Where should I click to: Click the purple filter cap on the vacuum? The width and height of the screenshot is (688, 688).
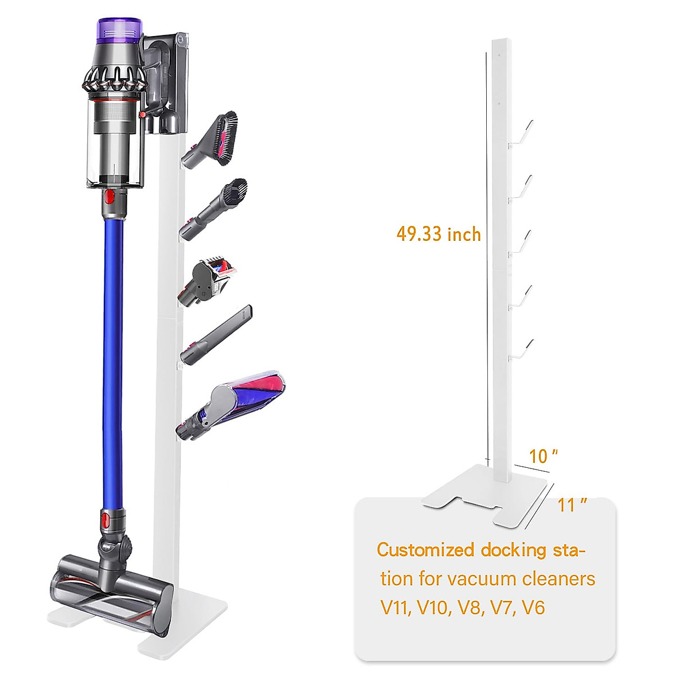click(120, 29)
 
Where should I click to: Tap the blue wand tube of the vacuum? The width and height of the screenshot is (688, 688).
click(114, 363)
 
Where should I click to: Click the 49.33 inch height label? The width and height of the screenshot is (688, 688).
click(439, 234)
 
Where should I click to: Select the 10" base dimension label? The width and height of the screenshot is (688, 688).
click(543, 456)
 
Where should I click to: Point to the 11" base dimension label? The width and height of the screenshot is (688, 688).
click(572, 505)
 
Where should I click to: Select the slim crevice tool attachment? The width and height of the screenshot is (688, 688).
click(217, 334)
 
